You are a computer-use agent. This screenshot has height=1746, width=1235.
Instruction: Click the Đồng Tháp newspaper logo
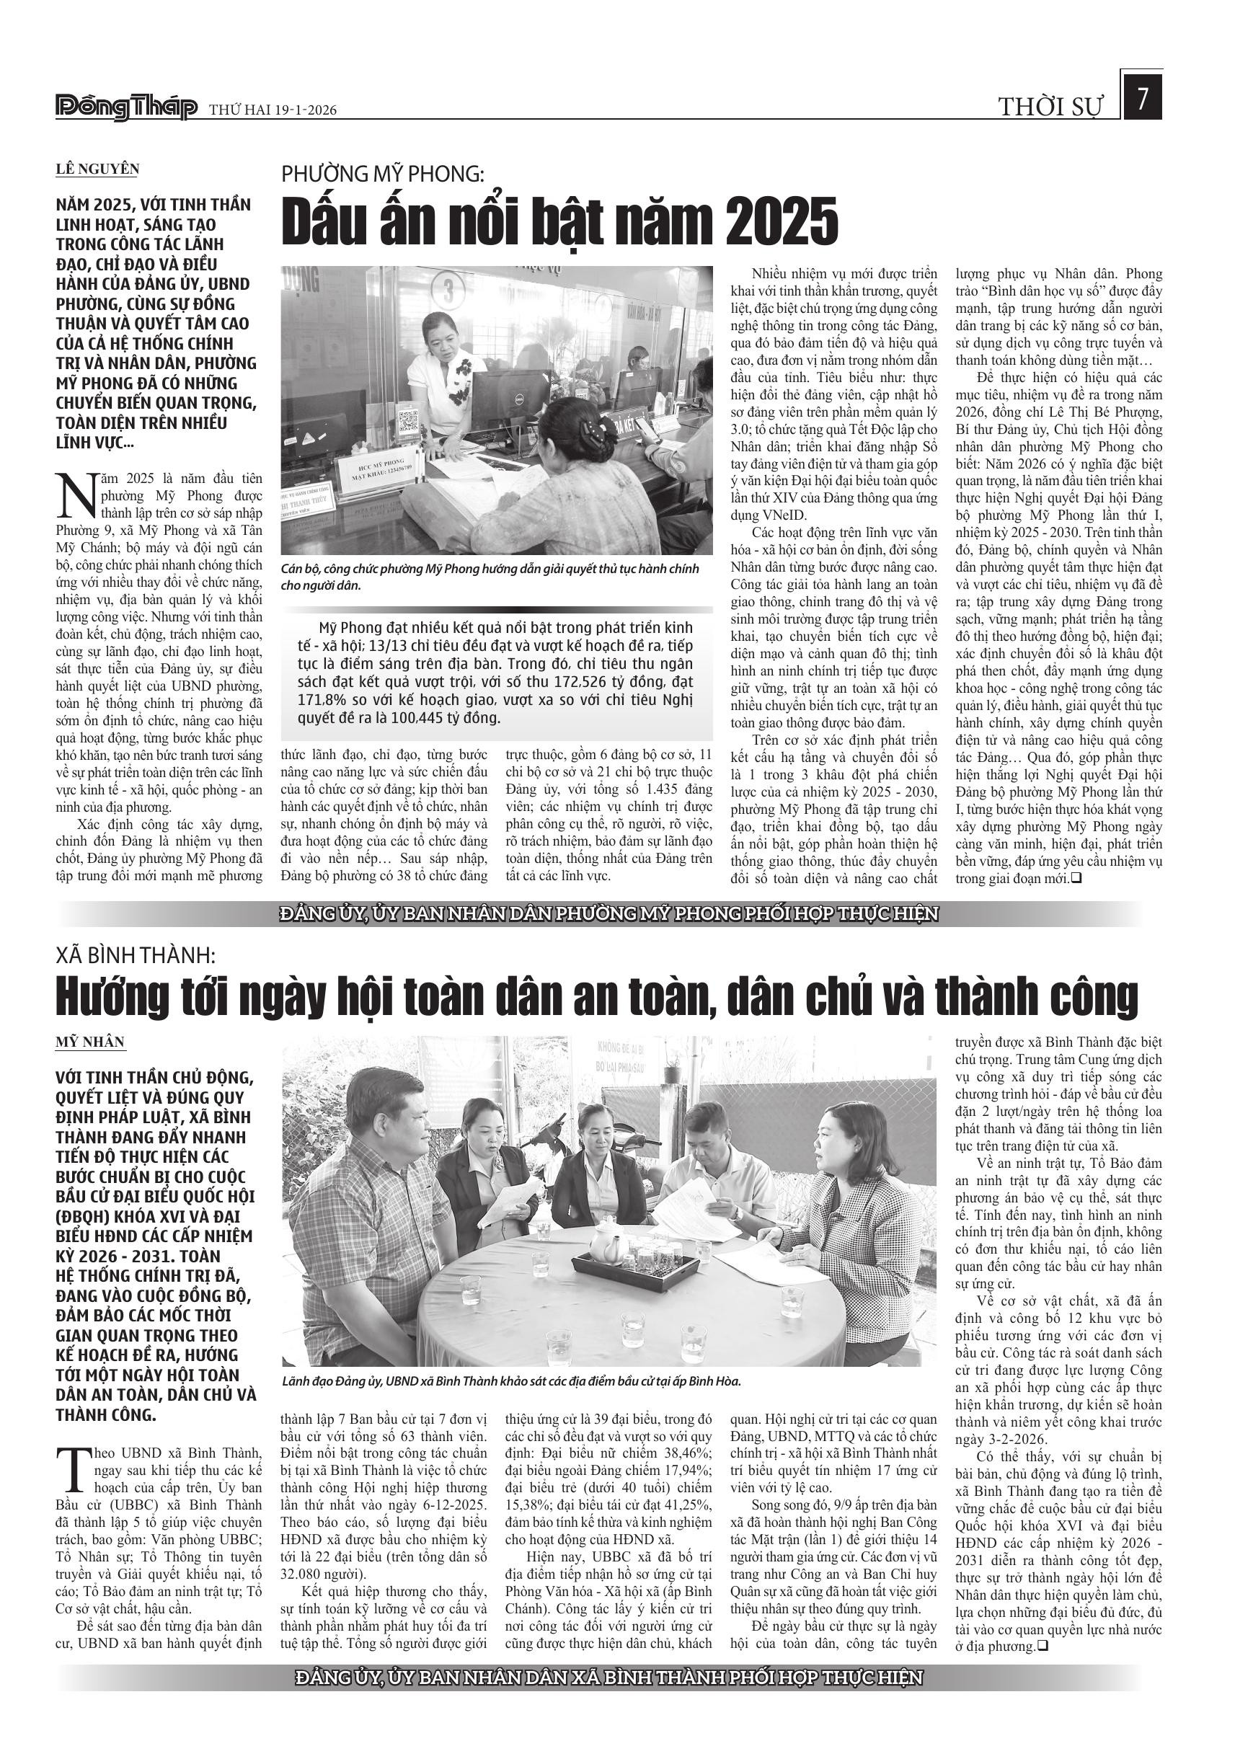pyautogui.click(x=126, y=108)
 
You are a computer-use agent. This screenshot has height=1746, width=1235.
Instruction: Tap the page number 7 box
pyautogui.click(x=1141, y=99)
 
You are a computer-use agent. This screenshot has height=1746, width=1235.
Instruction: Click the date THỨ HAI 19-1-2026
pyautogui.click(x=273, y=111)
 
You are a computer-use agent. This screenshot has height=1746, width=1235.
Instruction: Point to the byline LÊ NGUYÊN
pyautogui.click(x=97, y=169)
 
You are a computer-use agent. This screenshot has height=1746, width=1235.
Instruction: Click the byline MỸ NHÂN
pyautogui.click(x=91, y=1042)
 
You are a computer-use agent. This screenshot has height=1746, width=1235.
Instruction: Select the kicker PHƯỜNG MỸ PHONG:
pyautogui.click(x=382, y=174)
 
